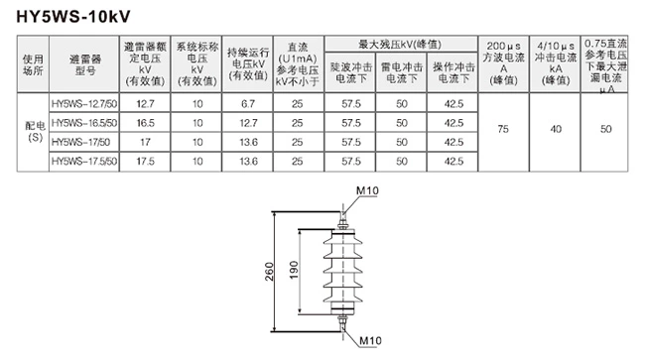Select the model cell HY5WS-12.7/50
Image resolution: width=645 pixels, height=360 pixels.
(83, 102)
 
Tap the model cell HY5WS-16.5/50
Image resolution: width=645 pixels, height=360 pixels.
(83, 121)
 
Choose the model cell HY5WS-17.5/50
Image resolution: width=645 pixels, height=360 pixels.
(83, 160)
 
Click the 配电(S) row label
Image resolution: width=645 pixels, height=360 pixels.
(33, 131)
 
